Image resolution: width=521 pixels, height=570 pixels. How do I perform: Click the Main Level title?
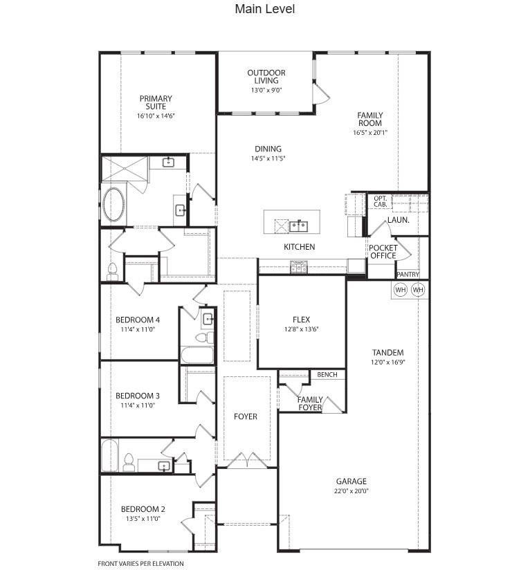(x=264, y=9)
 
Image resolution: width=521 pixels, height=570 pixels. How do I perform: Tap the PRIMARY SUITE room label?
(x=156, y=102)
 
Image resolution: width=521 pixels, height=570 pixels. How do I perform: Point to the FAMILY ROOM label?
(x=369, y=120)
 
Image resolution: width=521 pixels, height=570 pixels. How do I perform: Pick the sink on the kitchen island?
(x=299, y=226)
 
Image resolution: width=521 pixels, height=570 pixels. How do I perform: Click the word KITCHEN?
(x=299, y=247)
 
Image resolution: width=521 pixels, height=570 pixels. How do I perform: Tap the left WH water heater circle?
(x=401, y=290)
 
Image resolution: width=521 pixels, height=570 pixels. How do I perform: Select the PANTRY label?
(x=408, y=275)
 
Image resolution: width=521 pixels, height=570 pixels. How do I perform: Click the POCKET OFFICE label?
(x=383, y=252)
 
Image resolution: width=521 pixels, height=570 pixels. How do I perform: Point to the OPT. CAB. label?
(x=380, y=201)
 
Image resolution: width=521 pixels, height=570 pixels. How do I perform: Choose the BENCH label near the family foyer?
(x=327, y=375)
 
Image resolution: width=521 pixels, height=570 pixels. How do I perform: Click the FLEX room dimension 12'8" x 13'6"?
(x=301, y=329)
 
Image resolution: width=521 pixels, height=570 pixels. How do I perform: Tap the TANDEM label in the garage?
(x=387, y=353)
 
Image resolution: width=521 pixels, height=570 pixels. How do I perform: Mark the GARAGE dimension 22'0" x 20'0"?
(x=351, y=491)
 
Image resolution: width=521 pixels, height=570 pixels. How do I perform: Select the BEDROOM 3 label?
(x=138, y=396)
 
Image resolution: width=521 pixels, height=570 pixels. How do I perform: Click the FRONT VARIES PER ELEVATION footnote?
(x=141, y=563)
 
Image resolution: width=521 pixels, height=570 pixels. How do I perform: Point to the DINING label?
(x=268, y=149)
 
